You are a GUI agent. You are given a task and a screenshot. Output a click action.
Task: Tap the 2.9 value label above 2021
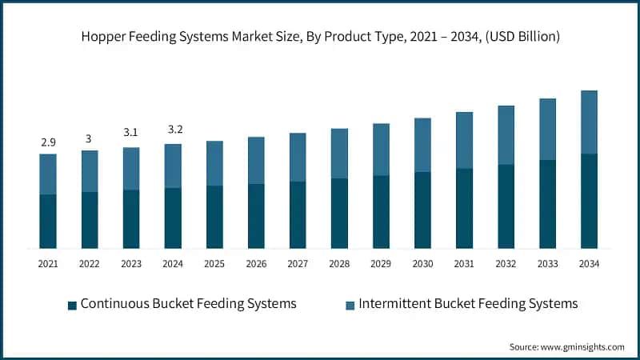pos(47,142)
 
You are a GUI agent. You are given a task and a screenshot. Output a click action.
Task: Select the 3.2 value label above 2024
pos(173,130)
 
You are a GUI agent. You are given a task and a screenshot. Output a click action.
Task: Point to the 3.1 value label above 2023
pos(131,133)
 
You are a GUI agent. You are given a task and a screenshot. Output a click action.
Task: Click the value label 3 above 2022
pos(89,138)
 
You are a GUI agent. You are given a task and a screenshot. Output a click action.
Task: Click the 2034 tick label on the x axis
pos(589,263)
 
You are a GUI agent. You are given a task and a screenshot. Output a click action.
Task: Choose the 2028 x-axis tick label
pos(339,263)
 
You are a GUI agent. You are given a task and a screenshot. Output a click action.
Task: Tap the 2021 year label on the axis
pos(47,263)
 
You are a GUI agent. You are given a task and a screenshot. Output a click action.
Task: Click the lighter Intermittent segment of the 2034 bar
pos(589,122)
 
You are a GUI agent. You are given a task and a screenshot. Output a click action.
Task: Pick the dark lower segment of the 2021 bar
pos(48,221)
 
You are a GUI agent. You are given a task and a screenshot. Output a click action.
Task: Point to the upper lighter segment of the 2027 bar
pos(298,157)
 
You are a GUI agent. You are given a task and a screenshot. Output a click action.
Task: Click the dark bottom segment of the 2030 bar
pos(422,210)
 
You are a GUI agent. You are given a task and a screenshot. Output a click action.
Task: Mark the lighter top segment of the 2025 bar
pos(214,163)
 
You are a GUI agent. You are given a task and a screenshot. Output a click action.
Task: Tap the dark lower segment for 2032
pos(506,206)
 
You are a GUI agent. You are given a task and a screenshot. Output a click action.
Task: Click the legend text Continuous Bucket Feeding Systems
pos(188,304)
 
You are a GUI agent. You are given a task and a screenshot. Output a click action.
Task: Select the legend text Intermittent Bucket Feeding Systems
pos(468,304)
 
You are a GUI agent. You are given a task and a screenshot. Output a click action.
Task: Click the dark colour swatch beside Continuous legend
pos(72,305)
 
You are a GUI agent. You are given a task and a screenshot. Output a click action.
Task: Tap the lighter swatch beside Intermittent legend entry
pos(350,305)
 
